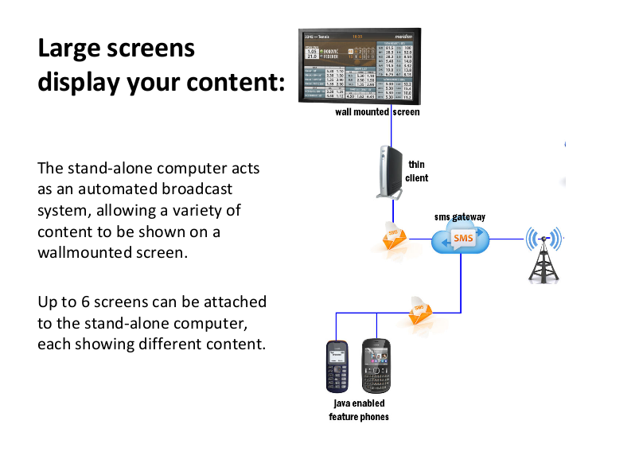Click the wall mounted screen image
(x=360, y=65)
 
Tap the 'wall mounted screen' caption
(x=377, y=113)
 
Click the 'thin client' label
(x=416, y=171)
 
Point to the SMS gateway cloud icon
(x=460, y=239)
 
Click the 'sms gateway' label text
(x=459, y=216)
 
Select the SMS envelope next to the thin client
(x=394, y=236)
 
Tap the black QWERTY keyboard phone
(x=376, y=365)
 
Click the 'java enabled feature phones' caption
(x=359, y=411)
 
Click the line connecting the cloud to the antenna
(x=508, y=238)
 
